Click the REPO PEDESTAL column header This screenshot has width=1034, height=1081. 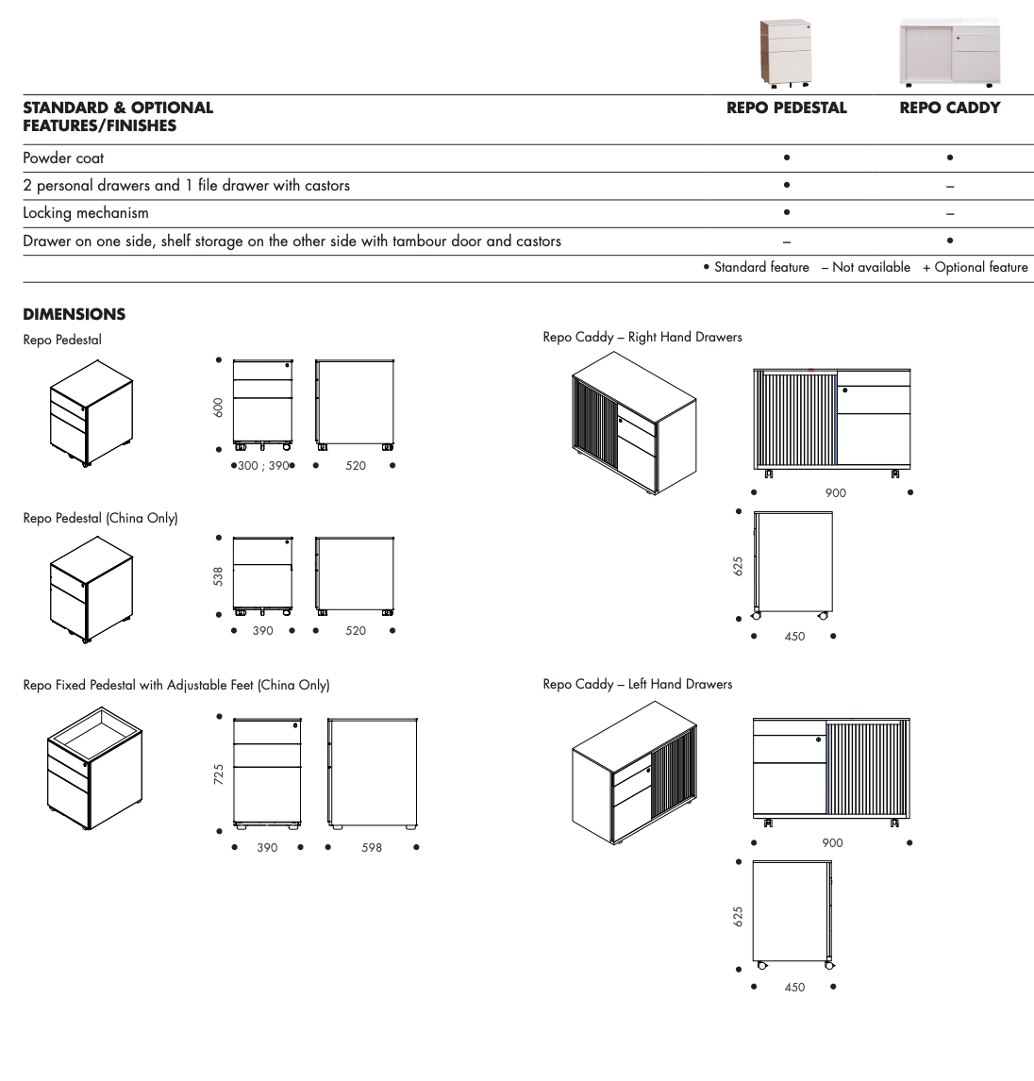(786, 108)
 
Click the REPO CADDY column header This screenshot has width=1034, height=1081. (950, 108)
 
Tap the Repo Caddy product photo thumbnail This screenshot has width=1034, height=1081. (950, 53)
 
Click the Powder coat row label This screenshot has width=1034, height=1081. (63, 158)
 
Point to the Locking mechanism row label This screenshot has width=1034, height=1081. (86, 213)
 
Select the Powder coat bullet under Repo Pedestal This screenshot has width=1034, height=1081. (787, 158)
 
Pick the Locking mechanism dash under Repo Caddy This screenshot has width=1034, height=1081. (950, 214)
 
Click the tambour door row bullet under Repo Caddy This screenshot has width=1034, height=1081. (950, 241)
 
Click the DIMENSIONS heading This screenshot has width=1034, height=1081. (74, 314)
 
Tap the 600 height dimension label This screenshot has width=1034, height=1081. (219, 407)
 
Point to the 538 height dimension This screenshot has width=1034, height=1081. (219, 576)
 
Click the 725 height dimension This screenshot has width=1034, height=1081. (219, 774)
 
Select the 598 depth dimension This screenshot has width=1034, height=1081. (372, 848)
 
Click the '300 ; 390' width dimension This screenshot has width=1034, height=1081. (262, 466)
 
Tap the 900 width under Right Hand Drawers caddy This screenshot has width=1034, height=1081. (835, 493)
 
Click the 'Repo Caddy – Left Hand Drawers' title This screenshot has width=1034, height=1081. (638, 685)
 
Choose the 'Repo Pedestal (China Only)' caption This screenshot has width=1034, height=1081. (100, 518)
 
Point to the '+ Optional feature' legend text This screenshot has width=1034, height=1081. (976, 268)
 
